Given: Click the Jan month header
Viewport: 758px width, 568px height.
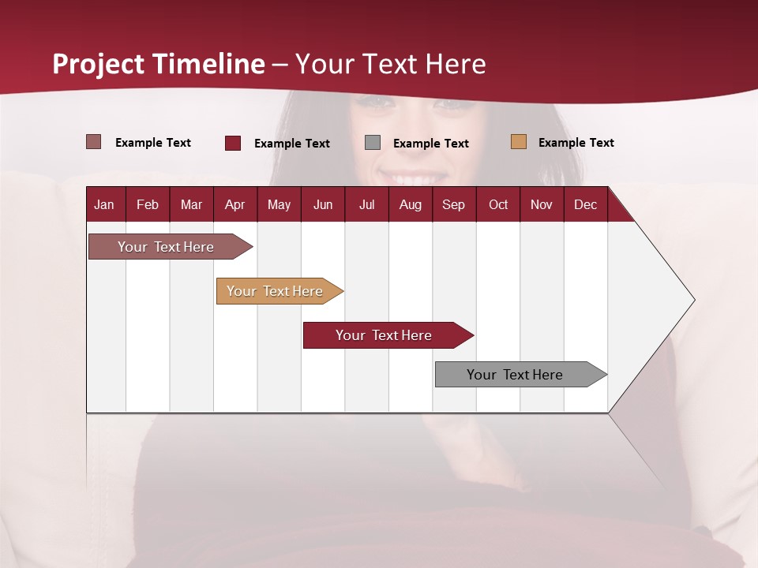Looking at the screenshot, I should click(x=104, y=205).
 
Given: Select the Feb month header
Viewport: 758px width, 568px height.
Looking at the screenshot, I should click(x=148, y=205).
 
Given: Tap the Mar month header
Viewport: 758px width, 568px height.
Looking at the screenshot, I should click(x=191, y=205).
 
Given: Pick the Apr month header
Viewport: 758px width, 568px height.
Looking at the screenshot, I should click(x=235, y=205).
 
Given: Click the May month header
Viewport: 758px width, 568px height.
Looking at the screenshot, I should click(x=279, y=205).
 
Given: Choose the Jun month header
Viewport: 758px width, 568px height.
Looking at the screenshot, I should click(x=323, y=205).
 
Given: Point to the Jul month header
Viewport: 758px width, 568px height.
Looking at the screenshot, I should click(x=366, y=205).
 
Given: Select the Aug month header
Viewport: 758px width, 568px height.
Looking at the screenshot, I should click(x=410, y=205).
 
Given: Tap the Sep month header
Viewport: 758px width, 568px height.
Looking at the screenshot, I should click(x=453, y=205).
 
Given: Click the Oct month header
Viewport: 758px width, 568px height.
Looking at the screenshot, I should click(x=498, y=205).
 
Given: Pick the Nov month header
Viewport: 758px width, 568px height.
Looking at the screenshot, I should click(x=542, y=205).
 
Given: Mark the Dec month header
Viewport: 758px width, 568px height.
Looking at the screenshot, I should click(x=585, y=205).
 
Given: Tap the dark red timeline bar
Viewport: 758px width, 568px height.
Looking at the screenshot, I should click(x=385, y=335).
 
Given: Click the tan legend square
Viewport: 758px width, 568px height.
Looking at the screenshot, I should click(x=518, y=142).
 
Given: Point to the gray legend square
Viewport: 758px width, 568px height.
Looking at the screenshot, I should click(x=373, y=142).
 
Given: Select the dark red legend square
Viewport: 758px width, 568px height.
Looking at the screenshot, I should click(x=233, y=143).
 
